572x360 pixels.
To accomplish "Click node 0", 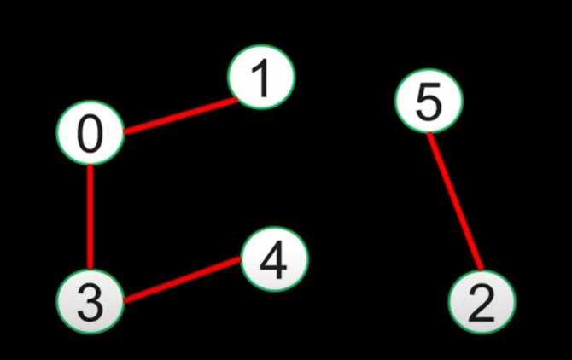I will [90, 133].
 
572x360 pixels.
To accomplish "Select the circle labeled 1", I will [261, 78].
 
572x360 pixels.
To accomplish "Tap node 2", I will [482, 301].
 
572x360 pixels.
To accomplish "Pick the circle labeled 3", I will [90, 301].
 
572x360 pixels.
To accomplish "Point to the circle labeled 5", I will [429, 102].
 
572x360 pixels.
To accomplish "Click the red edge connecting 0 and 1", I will [179, 116].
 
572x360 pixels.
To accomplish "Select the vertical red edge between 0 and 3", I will [90, 217].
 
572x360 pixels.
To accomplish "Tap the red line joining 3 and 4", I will [182, 280].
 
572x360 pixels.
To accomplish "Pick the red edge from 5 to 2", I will [455, 201].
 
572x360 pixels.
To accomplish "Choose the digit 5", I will [429, 102].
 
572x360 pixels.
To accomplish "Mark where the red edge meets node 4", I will [242, 259].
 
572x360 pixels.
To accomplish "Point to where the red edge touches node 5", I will [429, 135].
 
